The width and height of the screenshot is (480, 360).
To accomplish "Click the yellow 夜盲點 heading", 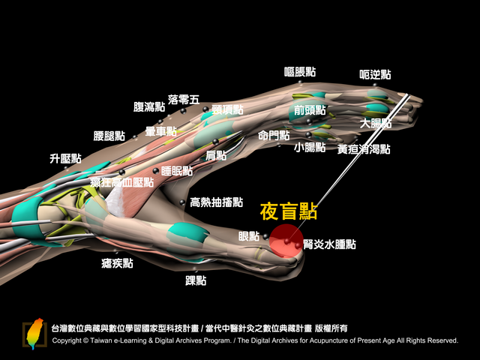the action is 288,211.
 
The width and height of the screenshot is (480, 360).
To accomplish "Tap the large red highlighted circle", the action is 286,241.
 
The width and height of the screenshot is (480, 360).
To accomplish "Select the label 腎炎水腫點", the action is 330,244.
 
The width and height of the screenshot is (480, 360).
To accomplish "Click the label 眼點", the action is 249,236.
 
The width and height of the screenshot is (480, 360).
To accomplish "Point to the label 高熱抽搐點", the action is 217,202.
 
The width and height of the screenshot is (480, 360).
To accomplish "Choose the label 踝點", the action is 196,280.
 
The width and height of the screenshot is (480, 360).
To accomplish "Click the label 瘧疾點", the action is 117,263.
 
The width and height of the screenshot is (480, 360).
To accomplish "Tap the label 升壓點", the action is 65,158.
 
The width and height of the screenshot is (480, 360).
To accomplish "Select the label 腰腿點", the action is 109,136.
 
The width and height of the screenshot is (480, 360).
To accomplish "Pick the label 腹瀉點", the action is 149,106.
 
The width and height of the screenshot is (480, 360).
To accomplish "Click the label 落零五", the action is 184,100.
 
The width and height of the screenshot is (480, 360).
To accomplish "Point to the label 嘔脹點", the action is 300,72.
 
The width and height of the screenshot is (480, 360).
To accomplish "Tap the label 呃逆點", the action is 375,74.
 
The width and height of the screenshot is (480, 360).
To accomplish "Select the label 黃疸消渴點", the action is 364,149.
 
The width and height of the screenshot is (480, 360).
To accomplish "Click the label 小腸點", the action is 310,147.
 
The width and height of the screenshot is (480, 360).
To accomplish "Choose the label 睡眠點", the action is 177,171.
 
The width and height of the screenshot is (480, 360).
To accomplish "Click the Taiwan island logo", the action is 34,334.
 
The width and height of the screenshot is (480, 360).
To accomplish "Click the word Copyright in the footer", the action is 67,340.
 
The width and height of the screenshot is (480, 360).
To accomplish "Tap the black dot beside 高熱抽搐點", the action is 182,202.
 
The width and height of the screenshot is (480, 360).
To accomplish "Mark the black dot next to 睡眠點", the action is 156,170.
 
